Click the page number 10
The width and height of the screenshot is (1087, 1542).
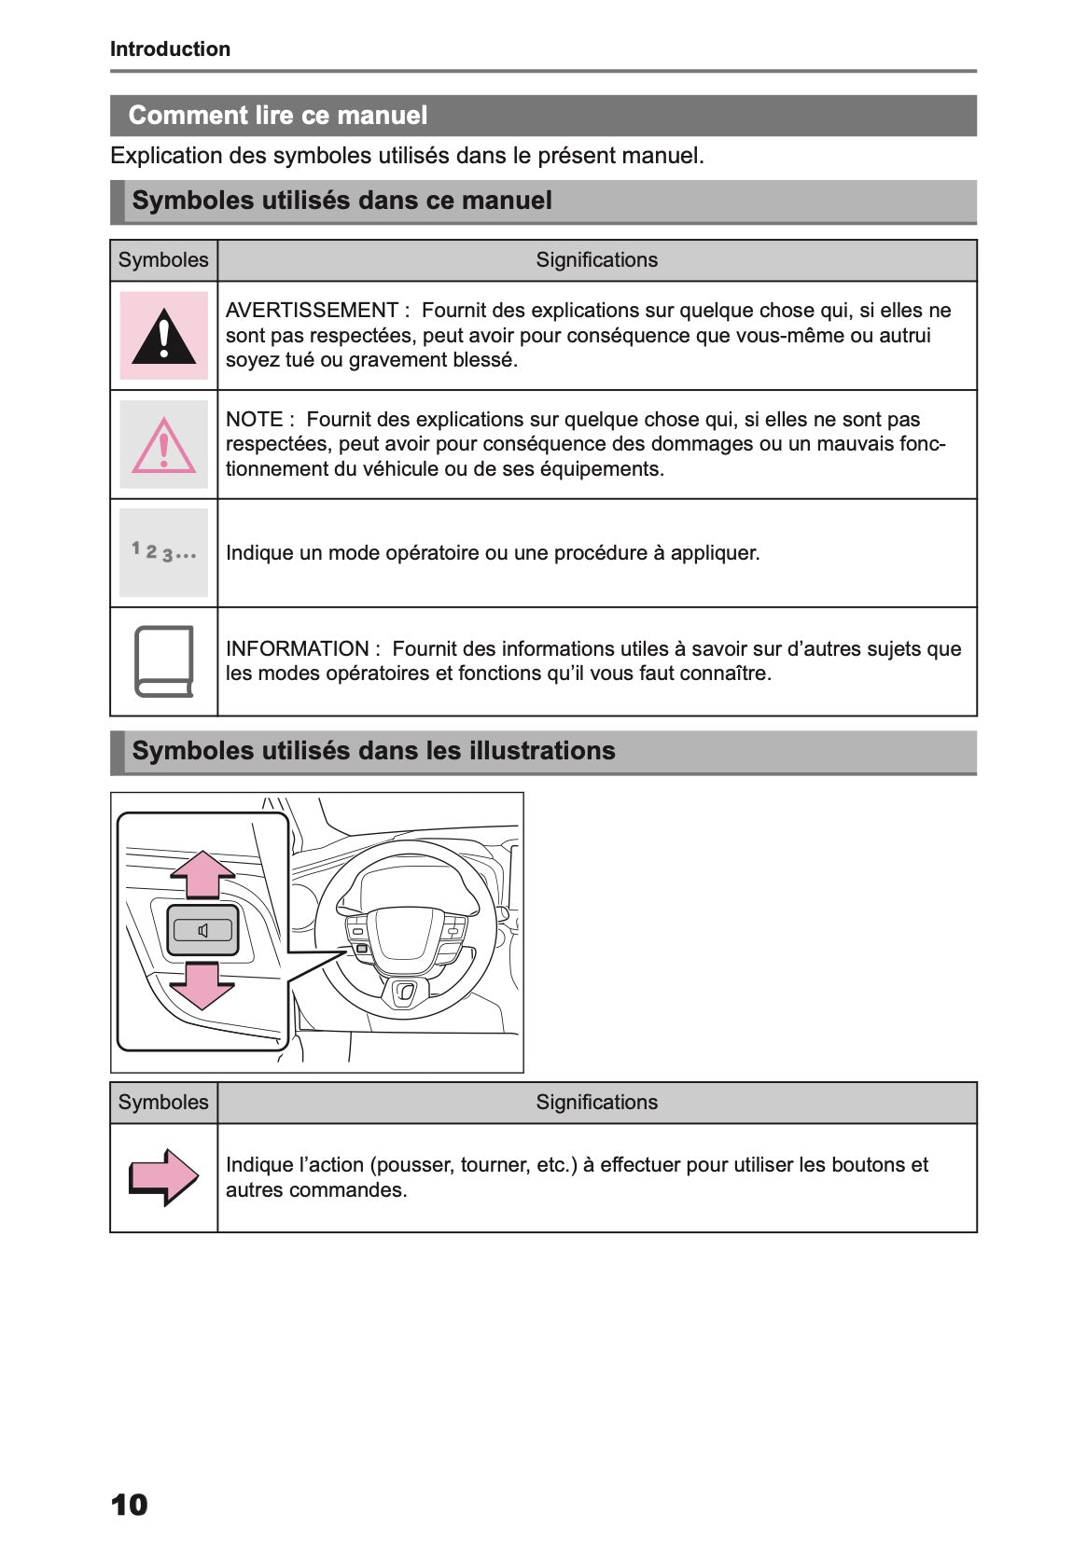click(129, 1505)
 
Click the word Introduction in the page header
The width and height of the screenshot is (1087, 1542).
click(170, 49)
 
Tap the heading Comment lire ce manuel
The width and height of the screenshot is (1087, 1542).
click(277, 116)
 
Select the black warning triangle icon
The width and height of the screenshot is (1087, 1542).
click(164, 337)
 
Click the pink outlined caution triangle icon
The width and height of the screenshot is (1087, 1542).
click(164, 446)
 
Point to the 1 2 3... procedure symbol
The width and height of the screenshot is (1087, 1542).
click(164, 552)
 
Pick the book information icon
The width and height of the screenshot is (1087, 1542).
click(164, 661)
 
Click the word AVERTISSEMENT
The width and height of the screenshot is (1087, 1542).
click(312, 311)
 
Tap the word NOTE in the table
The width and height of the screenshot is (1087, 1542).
click(254, 420)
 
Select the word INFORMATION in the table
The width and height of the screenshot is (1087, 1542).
click(297, 649)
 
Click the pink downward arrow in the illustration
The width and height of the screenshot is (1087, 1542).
click(202, 986)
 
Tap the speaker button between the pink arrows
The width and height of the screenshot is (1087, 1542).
click(202, 930)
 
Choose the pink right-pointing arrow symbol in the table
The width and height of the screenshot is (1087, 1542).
click(164, 1177)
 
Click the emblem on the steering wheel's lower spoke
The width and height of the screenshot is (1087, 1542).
click(405, 993)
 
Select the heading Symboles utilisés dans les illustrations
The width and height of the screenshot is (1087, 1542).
click(373, 751)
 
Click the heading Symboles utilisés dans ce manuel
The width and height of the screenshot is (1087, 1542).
click(341, 201)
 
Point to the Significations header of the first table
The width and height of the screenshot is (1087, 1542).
click(596, 260)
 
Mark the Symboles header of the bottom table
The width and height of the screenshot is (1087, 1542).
click(163, 1103)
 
